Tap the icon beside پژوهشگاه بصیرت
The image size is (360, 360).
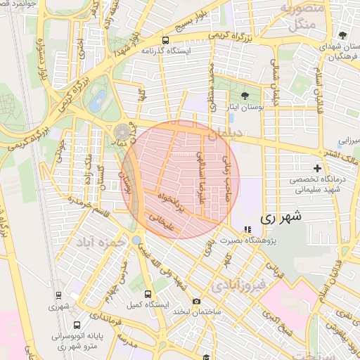pos(247,229)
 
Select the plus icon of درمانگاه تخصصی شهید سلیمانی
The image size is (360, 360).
pos(318,168)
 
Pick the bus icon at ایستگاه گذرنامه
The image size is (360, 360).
pos(165,40)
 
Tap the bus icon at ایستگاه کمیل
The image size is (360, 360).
pos(148,294)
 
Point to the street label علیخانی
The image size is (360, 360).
pos(162,221)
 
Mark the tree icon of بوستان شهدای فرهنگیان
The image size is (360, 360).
pos(342,35)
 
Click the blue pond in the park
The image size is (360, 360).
pos(98,99)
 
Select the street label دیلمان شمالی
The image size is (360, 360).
pos(275,88)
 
